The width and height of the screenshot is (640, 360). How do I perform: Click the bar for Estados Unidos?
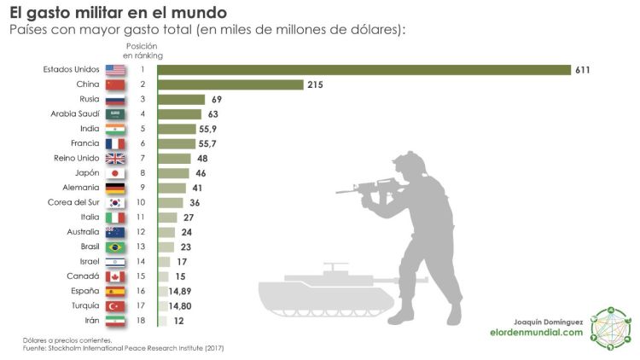(364, 70)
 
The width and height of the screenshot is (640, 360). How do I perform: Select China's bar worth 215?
(230, 84)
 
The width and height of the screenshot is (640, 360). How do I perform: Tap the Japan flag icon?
(115, 172)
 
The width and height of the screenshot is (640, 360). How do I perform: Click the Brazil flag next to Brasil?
(115, 247)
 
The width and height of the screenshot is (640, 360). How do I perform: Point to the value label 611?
(583, 70)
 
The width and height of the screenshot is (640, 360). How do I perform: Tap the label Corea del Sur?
(74, 202)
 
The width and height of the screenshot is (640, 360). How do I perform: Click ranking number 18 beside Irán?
(143, 320)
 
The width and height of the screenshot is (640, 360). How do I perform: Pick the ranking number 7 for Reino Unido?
(143, 158)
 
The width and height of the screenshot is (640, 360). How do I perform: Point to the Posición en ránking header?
(143, 50)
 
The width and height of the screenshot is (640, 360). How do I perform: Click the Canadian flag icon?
(115, 276)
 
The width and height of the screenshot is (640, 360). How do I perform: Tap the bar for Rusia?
(181, 100)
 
